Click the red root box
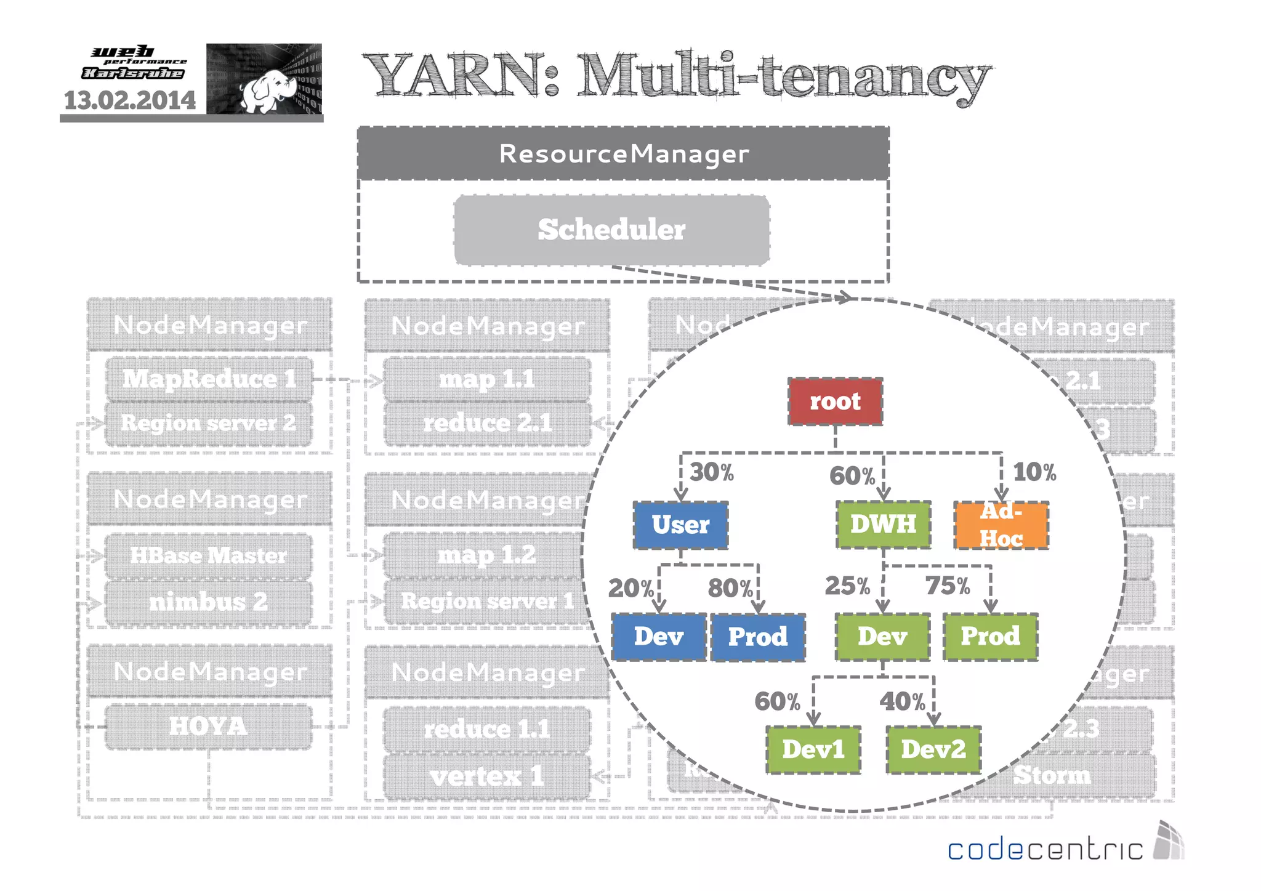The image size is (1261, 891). point(835,401)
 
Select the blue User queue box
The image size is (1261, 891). point(680,525)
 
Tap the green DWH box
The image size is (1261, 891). point(883,524)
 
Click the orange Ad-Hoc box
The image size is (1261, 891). point(1001,525)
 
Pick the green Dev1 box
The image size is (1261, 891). point(813,749)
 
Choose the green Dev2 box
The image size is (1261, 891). point(933,749)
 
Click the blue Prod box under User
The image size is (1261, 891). point(758,637)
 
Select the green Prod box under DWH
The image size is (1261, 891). point(990,636)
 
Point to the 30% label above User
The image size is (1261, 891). point(712,472)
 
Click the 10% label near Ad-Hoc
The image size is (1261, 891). point(1034,472)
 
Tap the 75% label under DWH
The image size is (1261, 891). point(948,586)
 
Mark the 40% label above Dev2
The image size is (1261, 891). point(902,701)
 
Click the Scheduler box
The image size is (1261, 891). point(611,230)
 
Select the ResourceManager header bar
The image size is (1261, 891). point(623,153)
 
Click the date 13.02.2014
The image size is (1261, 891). point(130,100)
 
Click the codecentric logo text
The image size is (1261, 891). point(1045,849)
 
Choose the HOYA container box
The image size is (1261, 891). point(208,727)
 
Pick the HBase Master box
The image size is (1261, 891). point(208,555)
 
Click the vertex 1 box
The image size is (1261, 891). point(486,776)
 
